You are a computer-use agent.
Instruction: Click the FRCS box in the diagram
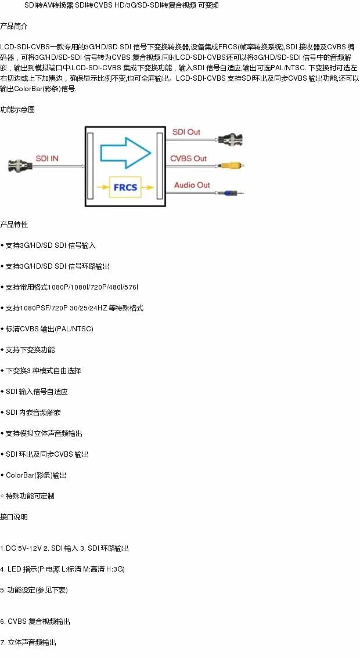[x=125, y=187]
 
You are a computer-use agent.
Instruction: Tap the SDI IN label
[x=47, y=158]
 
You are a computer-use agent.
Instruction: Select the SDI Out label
[x=186, y=132]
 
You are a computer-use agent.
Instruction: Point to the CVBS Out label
[x=188, y=158]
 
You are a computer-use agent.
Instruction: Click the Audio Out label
[x=192, y=185]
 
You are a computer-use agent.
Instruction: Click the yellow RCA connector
[x=232, y=165]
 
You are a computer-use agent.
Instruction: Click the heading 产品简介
[x=14, y=26]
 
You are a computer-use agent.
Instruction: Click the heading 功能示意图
[x=17, y=109]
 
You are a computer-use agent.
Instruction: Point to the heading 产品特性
[x=14, y=225]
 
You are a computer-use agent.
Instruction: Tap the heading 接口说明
[x=14, y=517]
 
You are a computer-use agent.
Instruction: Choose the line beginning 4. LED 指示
[x=63, y=569]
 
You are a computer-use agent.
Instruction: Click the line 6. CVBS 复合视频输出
[x=35, y=621]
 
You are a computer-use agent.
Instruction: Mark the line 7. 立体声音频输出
[x=28, y=642]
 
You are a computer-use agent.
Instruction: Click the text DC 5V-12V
[x=23, y=548]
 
